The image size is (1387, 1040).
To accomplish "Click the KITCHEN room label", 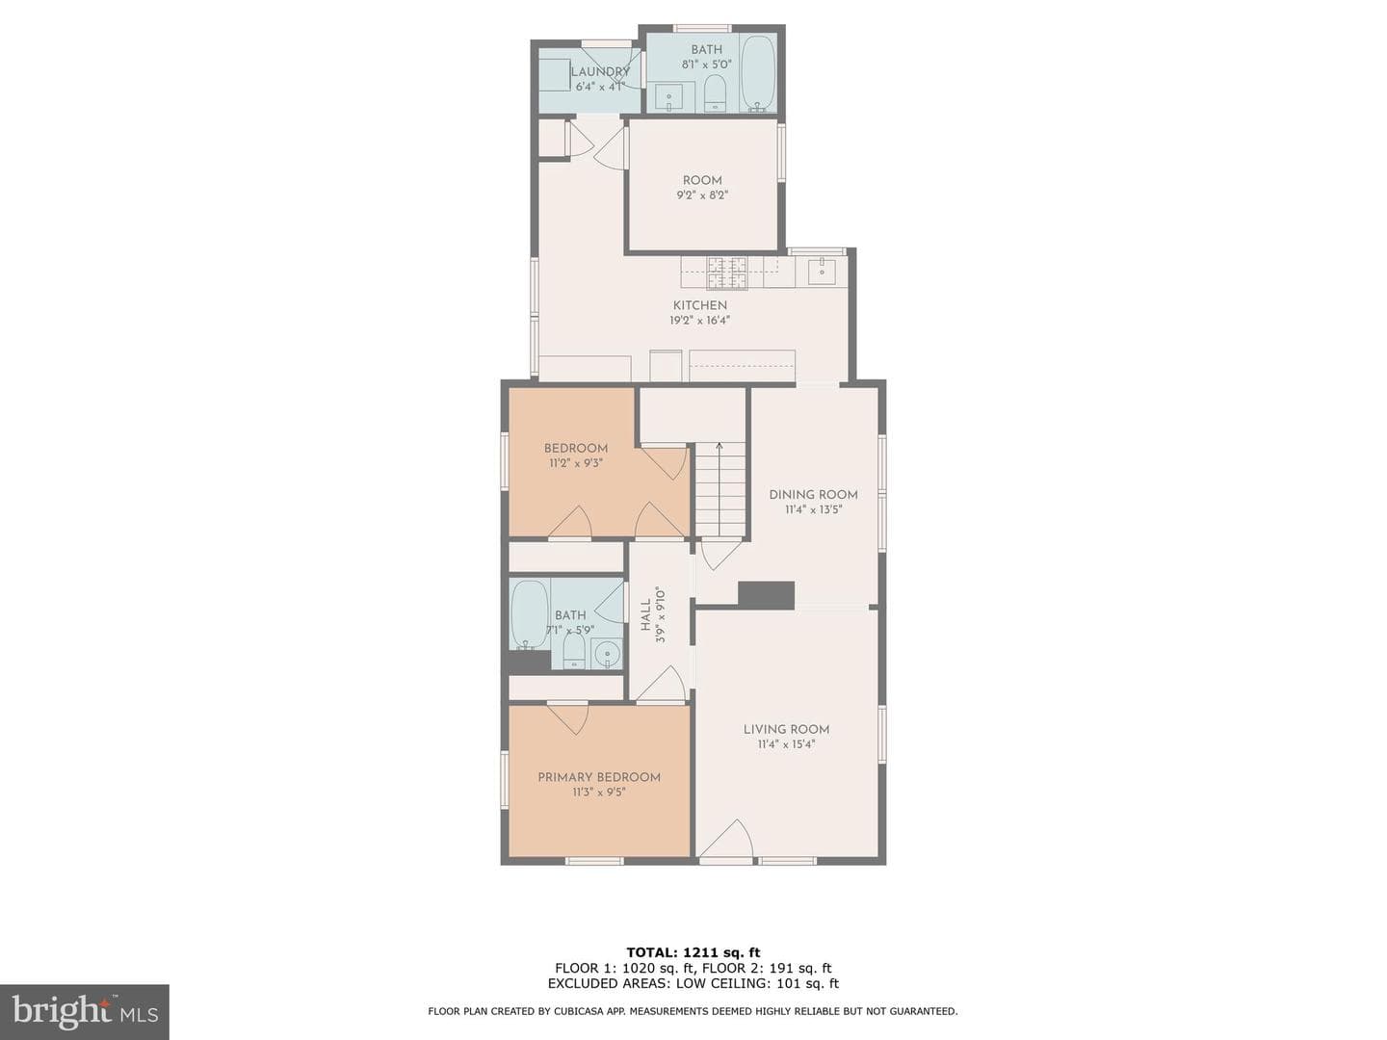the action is pos(699,305).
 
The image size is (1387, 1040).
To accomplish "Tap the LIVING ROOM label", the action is pos(786,729).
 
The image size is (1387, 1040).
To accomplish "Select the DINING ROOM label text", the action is pos(813,495).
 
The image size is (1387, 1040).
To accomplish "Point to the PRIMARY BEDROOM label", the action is pos(599,777).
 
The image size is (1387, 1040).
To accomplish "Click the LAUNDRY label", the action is pos(600,72).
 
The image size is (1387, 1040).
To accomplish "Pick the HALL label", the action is pos(645,615).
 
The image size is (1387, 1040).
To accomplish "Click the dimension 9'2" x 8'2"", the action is pos(702,195).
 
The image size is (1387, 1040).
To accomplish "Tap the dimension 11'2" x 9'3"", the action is pos(575,463).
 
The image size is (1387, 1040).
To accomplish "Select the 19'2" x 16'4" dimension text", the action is pos(699,320).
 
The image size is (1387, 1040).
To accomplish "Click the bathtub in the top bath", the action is pos(758,74).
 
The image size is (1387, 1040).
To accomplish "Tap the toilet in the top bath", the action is pos(715,94).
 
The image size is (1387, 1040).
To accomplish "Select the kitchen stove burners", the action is pos(726,273).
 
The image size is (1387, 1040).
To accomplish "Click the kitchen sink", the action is pos(823,271).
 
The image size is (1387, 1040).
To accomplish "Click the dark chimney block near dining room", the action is pos(766,595).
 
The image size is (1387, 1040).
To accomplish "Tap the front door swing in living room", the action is pos(726,839).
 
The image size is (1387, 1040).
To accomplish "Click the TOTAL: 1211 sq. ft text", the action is pos(693,953).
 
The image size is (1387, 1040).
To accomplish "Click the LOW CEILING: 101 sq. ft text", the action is pos(758,984).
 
